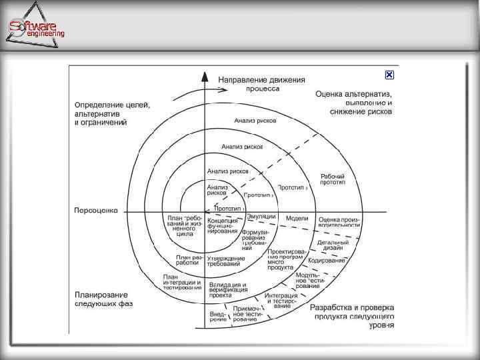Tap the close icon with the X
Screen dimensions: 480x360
click(x=389, y=75)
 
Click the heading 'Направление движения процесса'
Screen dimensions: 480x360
click(x=262, y=83)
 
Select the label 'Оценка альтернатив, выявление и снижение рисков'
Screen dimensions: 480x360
click(x=354, y=103)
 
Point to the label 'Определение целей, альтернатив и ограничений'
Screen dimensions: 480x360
click(x=112, y=113)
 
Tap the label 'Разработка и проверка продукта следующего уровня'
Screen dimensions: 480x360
click(x=352, y=317)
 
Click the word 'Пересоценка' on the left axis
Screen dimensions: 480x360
click(x=96, y=210)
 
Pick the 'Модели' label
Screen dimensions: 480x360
click(x=297, y=219)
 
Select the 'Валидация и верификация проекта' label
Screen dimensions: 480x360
click(x=227, y=289)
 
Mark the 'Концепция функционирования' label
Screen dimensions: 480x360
click(x=222, y=225)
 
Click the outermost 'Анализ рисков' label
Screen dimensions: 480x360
click(x=255, y=121)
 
